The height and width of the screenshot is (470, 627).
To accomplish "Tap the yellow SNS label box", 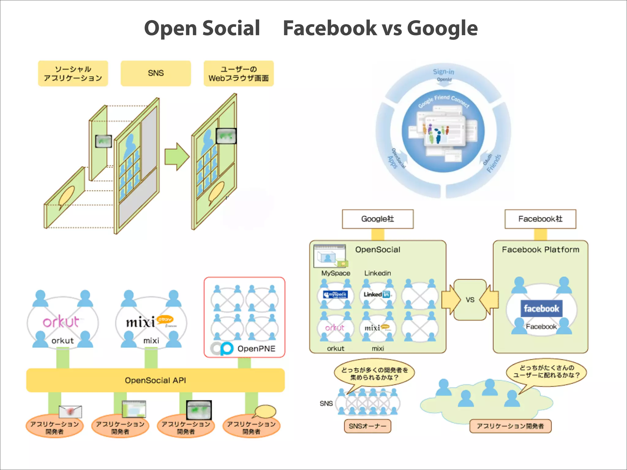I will coord(156,73).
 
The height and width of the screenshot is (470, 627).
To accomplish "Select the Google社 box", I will coord(377,219).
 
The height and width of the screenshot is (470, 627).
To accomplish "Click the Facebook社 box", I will coord(540,219).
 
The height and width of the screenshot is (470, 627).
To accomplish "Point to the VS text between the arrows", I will coord(470,300).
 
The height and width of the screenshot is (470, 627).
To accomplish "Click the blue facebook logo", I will coord(541,308).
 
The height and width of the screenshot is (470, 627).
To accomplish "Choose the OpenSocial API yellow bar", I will coord(155,380).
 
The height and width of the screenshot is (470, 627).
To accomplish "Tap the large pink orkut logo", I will coord(61,322).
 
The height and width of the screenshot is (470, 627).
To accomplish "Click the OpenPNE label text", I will coord(256,349).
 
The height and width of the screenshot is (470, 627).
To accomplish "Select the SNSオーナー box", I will coord(367,426).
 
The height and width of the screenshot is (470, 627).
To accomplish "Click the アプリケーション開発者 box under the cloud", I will coord(510,426).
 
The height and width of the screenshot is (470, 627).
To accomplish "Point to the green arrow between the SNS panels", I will coord(176,157).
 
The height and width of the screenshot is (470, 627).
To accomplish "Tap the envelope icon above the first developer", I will coord(70,412).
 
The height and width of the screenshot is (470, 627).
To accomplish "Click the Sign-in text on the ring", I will coord(443,72).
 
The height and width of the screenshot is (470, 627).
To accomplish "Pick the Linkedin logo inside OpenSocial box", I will coord(377,294).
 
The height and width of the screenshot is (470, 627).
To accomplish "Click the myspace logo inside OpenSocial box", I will coord(336,295).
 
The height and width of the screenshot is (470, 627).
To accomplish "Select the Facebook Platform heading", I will coord(540,250).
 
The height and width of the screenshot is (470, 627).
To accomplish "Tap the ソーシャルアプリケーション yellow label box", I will coord(73,73).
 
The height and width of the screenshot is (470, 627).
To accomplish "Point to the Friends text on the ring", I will coord(494,163).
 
